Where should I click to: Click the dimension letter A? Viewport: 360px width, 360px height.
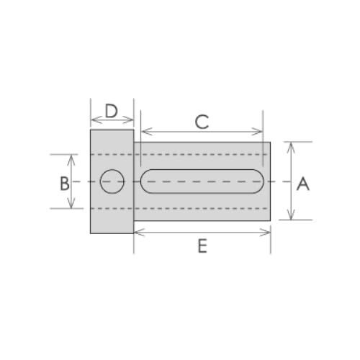coord(303,184)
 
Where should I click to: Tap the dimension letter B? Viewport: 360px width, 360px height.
coord(64,183)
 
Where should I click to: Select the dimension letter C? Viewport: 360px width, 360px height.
coord(202,122)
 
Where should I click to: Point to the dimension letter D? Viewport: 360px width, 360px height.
coord(111,111)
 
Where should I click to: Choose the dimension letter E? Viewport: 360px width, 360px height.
coord(202,246)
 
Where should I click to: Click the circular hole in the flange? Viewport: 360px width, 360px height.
coord(112,181)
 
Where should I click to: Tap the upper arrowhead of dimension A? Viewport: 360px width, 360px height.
coord(290,145)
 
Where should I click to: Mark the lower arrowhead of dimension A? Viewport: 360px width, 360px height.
coord(290,216)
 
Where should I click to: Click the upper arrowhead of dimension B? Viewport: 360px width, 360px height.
coord(71,158)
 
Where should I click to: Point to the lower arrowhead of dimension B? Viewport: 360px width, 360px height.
coord(71,205)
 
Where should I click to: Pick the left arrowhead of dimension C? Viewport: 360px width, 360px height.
coord(145,132)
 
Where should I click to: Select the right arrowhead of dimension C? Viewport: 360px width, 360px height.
coord(260,132)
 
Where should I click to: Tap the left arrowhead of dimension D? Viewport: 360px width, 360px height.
coord(93,120)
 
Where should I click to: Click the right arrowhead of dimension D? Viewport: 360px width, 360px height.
coord(131,120)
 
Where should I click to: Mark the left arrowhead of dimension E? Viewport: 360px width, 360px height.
coord(138,232)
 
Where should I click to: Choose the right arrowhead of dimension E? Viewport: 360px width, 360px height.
coord(268,232)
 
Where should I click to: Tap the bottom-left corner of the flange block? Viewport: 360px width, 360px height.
coord(90,233)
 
